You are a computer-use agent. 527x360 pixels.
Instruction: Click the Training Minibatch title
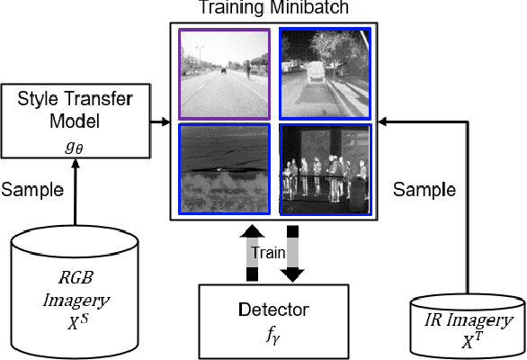[273, 9]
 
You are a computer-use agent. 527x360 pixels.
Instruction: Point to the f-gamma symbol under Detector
[273, 337]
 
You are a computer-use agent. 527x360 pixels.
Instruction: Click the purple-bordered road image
[224, 75]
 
